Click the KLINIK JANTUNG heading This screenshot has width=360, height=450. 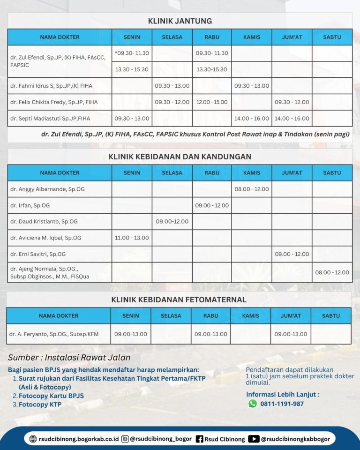(x=180, y=21)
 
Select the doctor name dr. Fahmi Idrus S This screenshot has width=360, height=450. (x=51, y=86)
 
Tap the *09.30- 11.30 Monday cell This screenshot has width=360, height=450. (x=132, y=53)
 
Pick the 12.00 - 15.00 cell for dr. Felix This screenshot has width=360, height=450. (x=212, y=102)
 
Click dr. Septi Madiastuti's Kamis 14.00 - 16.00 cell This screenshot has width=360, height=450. (x=252, y=119)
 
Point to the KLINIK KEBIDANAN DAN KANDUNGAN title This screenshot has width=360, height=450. (x=180, y=157)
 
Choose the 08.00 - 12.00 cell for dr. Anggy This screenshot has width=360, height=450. (x=252, y=189)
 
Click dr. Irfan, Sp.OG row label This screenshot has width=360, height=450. (x=30, y=206)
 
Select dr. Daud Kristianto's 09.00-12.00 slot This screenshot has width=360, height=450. (x=172, y=222)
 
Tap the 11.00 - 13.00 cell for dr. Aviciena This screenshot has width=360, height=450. (x=132, y=238)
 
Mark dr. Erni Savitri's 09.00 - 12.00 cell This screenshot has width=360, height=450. (x=292, y=254)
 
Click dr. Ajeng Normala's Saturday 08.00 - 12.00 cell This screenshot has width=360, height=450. (x=332, y=272)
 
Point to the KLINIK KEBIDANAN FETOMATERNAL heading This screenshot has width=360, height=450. (x=179, y=300)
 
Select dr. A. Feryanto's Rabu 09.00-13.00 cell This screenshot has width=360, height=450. (x=210, y=334)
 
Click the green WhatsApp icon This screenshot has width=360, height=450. (x=253, y=404)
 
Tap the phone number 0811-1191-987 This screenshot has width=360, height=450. (x=282, y=404)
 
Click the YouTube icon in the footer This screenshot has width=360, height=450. (x=254, y=439)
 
